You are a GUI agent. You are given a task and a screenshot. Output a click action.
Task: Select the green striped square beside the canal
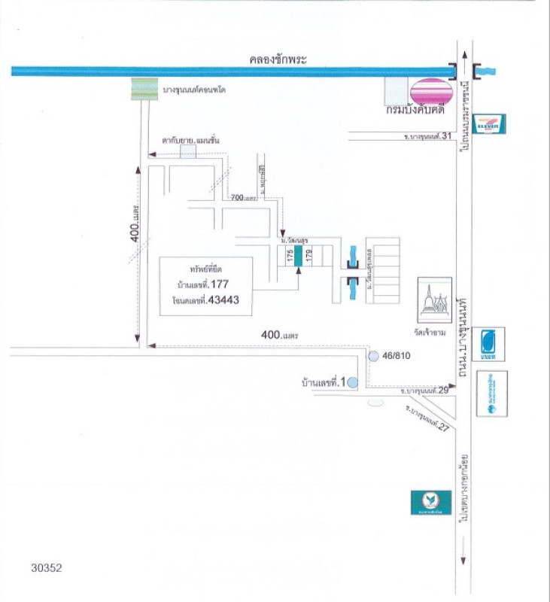[x=144, y=89]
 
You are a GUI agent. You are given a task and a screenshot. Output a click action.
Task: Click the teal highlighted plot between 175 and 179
[x=298, y=256]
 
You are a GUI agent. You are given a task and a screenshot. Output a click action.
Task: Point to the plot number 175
[x=289, y=256]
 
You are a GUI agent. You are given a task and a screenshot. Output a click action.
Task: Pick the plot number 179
[x=308, y=256]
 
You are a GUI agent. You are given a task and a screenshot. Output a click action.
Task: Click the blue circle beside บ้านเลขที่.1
[x=353, y=382]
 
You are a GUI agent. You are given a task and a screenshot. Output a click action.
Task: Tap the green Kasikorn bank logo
[x=431, y=502]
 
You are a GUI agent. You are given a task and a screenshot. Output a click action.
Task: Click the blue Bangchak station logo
[x=492, y=344]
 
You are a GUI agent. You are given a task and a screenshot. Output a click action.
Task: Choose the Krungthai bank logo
[x=492, y=394]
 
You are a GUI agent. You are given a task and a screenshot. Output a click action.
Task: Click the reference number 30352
[x=47, y=568]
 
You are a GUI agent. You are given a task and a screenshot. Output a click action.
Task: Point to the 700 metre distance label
[x=244, y=197]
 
